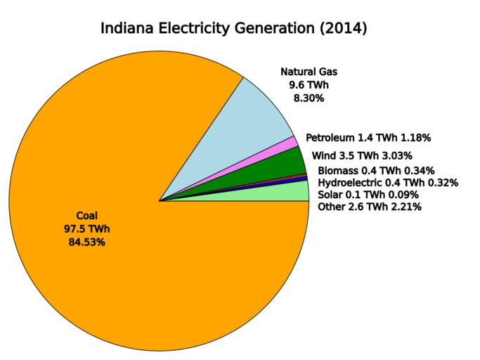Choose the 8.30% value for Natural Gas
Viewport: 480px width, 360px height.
tap(309, 98)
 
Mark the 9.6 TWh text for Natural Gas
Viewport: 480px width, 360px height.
tap(309, 85)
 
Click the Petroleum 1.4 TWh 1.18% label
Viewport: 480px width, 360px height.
tap(368, 137)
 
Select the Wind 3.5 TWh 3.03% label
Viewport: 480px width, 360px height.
tap(371, 155)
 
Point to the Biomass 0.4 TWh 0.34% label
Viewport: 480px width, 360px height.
tap(376, 171)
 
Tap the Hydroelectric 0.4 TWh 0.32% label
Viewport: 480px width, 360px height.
tap(388, 183)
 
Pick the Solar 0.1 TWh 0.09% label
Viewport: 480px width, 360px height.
tap(368, 195)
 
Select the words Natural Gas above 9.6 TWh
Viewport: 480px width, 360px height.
tap(309, 72)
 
